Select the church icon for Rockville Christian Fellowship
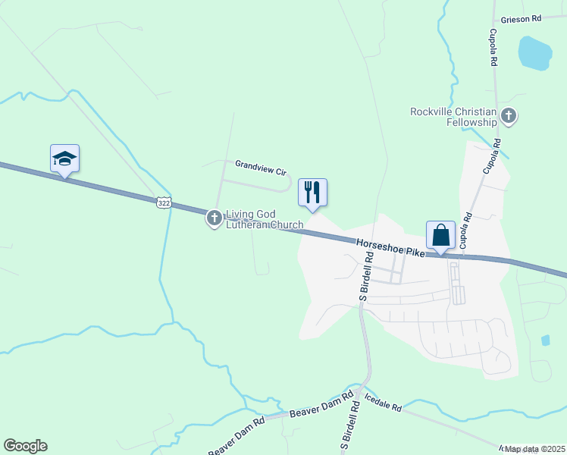pyautogui.click(x=509, y=117)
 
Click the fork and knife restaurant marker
pyautogui.click(x=312, y=193)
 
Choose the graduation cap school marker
pyautogui.click(x=64, y=158)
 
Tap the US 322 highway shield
pyautogui.click(x=164, y=202)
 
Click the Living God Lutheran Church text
pyautogui.click(x=265, y=220)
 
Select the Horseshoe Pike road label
pyautogui.click(x=390, y=244)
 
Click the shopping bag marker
pyautogui.click(x=440, y=235)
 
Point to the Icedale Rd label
pyautogui.click(x=382, y=401)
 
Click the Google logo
pyautogui.click(x=25, y=446)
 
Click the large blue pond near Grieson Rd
pyautogui.click(x=534, y=53)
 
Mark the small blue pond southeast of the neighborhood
pyautogui.click(x=546, y=340)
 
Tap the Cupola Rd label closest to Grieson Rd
pyautogui.click(x=492, y=47)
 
